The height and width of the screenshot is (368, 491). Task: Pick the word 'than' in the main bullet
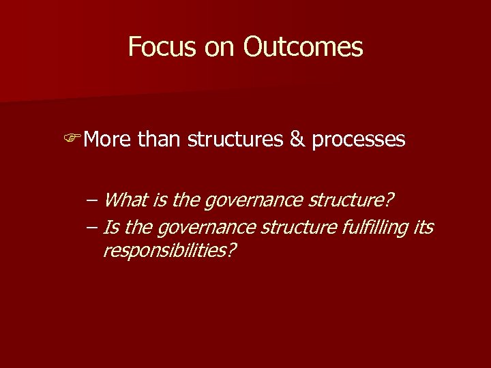[160, 140]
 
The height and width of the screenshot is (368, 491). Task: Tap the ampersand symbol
[297, 140]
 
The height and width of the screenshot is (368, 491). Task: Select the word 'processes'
[359, 140]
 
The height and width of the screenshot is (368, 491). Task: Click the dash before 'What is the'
[91, 201]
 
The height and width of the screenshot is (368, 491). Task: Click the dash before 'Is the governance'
[91, 226]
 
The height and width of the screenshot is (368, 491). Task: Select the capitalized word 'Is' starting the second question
[110, 226]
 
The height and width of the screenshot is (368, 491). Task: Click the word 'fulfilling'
[374, 226]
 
